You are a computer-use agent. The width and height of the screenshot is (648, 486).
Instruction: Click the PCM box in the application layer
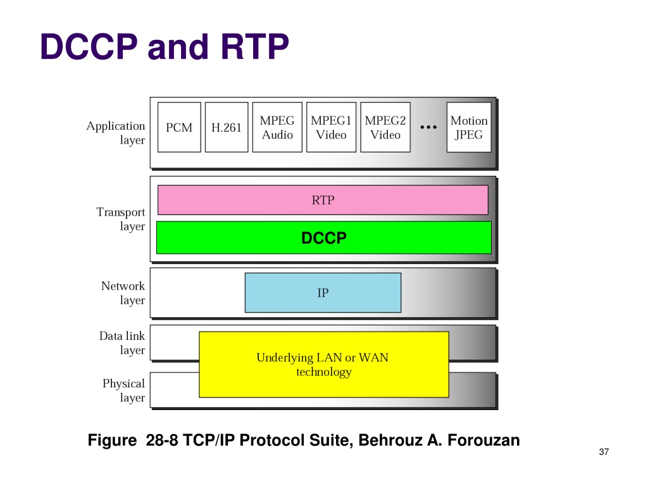(x=179, y=127)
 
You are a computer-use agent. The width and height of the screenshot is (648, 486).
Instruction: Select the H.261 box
(x=227, y=127)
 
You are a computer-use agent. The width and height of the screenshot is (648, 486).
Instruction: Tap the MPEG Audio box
(x=277, y=127)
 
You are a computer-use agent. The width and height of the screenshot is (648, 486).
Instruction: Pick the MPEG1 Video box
(x=331, y=127)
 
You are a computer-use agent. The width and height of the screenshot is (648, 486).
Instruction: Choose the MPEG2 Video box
(x=385, y=127)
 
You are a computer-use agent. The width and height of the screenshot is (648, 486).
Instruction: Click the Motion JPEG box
(x=469, y=127)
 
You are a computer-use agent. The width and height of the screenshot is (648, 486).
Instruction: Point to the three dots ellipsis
(x=429, y=127)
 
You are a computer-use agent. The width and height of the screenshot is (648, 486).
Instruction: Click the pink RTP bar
(x=323, y=200)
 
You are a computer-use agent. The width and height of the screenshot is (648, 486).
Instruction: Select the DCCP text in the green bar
(x=323, y=238)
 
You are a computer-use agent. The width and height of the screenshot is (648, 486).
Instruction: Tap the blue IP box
(x=323, y=292)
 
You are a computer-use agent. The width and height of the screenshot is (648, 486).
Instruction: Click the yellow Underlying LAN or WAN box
(x=323, y=364)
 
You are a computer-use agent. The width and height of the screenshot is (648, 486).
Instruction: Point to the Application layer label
(x=116, y=133)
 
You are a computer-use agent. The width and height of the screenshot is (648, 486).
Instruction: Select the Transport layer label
(x=121, y=219)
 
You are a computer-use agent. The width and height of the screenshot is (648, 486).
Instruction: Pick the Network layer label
(x=123, y=293)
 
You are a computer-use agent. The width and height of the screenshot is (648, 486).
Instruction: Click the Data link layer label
(x=122, y=343)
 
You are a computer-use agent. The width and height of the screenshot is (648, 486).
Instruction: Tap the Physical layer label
(x=124, y=390)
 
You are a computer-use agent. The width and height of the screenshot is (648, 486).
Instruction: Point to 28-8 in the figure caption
(x=161, y=440)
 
